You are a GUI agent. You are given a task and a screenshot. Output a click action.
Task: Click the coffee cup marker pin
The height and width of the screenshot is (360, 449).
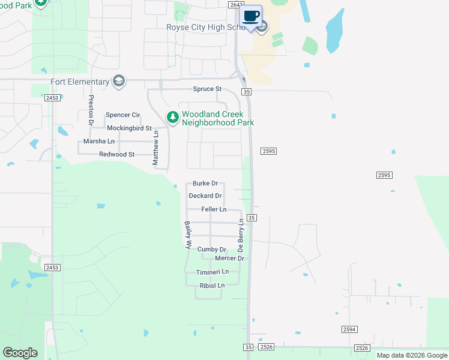point(252,16)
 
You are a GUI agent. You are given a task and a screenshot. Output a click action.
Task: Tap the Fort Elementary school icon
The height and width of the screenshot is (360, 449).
point(119,82)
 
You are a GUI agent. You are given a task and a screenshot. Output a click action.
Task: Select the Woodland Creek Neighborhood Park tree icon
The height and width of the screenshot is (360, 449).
point(172,118)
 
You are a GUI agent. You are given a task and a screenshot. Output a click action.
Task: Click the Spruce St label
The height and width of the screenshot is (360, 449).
point(207,89)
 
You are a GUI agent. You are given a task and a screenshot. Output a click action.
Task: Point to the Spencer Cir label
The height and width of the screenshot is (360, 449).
point(122,115)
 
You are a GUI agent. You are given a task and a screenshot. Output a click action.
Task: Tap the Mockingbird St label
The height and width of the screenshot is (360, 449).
point(129,128)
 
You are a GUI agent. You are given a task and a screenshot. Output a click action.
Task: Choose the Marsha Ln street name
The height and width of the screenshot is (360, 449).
point(99,141)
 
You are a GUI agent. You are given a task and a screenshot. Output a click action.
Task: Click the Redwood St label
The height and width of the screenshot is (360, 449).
point(117,154)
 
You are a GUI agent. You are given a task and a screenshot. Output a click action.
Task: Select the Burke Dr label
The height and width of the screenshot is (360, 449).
point(205,184)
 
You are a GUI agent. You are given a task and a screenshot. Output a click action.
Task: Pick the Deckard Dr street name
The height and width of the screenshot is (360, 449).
point(205,196)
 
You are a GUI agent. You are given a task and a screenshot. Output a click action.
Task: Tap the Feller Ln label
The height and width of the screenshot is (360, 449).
point(214,209)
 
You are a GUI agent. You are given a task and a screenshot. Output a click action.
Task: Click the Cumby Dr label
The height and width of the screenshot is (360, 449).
point(211,249)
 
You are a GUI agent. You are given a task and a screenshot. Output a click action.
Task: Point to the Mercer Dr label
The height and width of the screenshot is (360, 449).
point(229,258)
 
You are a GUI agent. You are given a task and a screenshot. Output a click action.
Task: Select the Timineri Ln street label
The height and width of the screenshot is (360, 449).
point(212,272)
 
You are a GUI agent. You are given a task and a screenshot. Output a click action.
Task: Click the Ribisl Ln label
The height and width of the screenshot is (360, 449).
point(212,285)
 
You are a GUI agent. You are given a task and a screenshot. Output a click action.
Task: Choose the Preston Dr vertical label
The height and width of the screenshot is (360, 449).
point(91,110)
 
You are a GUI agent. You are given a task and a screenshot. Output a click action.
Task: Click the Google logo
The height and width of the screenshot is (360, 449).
point(20,353)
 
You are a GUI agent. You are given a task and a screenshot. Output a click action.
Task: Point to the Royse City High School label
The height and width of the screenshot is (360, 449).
point(205,27)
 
